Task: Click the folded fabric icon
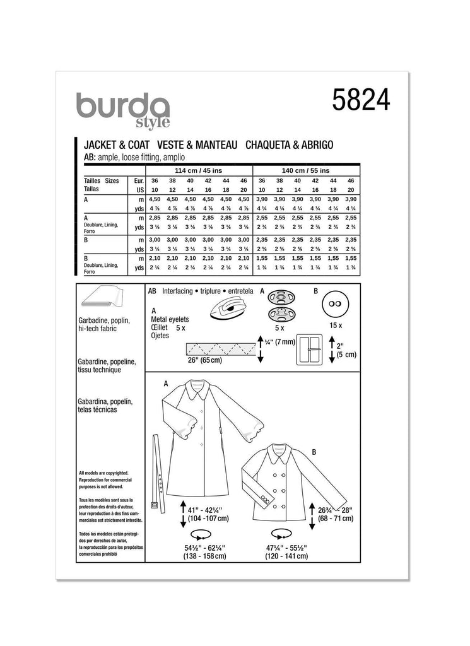(101, 301)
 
